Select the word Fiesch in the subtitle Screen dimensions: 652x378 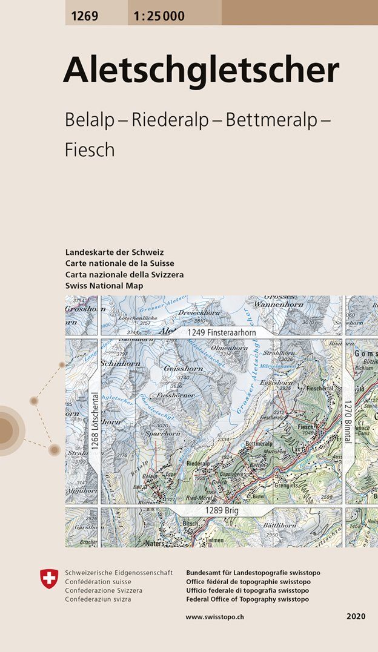pos(90,150)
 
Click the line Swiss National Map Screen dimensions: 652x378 pos(105,286)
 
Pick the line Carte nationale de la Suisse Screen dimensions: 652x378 pos(119,263)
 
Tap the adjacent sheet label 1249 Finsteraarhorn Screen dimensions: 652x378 pos(222,332)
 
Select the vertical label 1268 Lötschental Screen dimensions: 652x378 pos(95,421)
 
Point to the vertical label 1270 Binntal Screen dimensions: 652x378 pos(348,422)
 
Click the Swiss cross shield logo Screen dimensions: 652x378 pos(48,579)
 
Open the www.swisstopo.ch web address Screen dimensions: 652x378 pos(214,616)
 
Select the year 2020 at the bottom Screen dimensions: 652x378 pos(356,616)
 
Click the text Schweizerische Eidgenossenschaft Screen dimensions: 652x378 pos(119,573)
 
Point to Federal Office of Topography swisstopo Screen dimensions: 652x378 pos(248,599)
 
